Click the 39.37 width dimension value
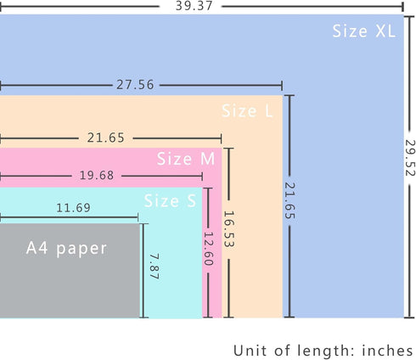pos(194,6)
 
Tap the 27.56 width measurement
pos(135,85)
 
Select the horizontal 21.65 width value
pos(105,138)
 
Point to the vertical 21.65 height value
pos(290,200)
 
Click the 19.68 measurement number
pos(97,176)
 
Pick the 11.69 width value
pos(73,208)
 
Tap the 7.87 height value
pos(155,267)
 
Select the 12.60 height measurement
pos(209,249)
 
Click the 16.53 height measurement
pos(228,229)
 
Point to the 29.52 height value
pos(409,158)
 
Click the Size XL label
pos(363,31)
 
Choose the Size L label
pos(247,110)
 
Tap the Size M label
pos(186,159)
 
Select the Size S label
pos(170,201)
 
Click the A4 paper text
pos(66,249)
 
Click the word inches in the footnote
pos(387,351)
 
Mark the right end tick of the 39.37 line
pos(402,6)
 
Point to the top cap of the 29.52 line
pos(409,17)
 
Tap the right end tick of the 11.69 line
pos(138,217)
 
